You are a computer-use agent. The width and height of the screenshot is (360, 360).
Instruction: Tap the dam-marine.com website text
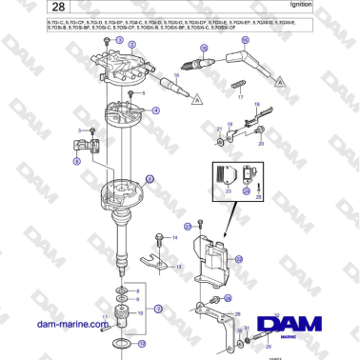click(75, 324)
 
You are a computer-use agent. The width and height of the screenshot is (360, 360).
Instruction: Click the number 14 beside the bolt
click(174, 234)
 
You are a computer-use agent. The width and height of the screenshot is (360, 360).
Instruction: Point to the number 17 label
click(240, 98)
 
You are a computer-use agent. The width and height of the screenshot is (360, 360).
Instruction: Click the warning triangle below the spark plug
click(195, 99)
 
